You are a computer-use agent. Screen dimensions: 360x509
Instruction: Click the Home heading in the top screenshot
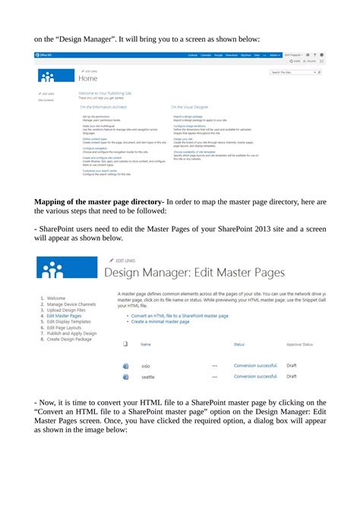[87, 78]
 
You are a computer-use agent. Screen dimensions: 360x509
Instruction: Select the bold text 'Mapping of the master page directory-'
[99, 201]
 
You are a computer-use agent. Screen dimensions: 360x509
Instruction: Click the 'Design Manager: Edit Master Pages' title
[194, 271]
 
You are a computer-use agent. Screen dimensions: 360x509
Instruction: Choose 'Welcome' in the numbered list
[55, 299]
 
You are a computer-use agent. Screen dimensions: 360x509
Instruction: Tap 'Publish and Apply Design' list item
[71, 333]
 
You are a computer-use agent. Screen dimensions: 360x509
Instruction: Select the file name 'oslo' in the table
[146, 366]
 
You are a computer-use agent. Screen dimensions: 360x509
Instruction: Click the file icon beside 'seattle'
[126, 376]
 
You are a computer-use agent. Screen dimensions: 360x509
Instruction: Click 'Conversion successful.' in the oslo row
[255, 365]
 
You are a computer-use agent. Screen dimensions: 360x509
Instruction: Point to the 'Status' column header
[239, 344]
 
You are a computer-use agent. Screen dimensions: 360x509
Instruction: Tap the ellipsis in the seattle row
[215, 376]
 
